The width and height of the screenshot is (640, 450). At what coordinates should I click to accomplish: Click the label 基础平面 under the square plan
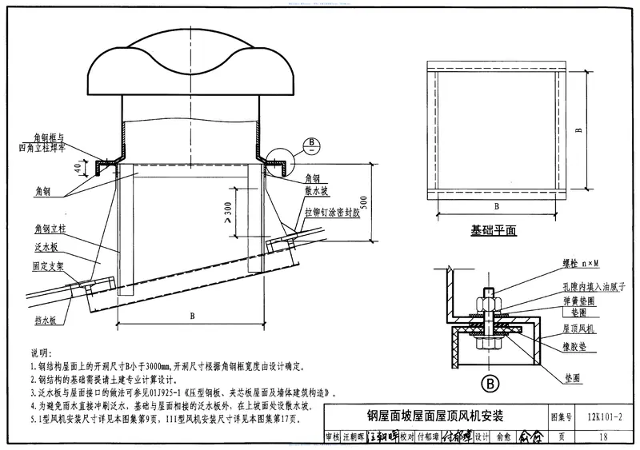pyautogui.click(x=494, y=230)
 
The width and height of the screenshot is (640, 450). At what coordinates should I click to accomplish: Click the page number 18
pyautogui.click(x=602, y=437)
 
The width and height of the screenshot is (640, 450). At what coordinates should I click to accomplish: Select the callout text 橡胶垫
pyautogui.click(x=576, y=340)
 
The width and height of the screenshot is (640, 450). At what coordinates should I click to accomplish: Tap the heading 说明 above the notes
pyautogui.click(x=39, y=352)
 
